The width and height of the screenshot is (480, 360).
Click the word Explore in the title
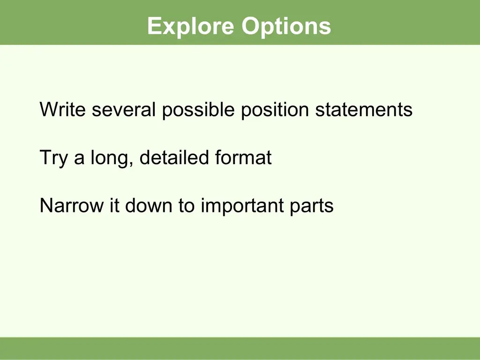[x=190, y=27]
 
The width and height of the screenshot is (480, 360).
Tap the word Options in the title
[x=286, y=27]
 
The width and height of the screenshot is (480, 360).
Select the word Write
[x=62, y=109]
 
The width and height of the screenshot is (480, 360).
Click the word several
[x=124, y=109]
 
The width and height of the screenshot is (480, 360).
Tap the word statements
[x=364, y=109]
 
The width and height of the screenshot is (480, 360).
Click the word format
[x=243, y=157]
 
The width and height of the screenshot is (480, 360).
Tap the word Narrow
[x=72, y=205]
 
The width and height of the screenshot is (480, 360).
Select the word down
[x=149, y=205]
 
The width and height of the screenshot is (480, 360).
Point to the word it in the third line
[x=114, y=205]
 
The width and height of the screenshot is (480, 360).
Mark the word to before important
[x=187, y=206]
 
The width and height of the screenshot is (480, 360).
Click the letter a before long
[x=79, y=159]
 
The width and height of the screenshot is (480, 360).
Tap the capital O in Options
[x=251, y=26]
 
